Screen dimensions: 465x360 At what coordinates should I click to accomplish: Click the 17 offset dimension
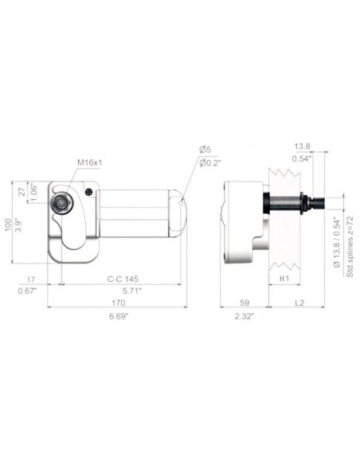(x=31, y=279)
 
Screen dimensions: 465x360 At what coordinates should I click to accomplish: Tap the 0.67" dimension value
(x=29, y=291)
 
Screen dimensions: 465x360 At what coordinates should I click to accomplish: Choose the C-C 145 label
(x=123, y=279)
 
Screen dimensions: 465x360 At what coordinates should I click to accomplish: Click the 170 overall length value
(x=117, y=303)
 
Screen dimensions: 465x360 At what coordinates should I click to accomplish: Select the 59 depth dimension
(x=245, y=303)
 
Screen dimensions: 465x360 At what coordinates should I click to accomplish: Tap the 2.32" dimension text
(x=245, y=316)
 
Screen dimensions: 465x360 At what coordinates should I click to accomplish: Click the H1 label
(x=284, y=279)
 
